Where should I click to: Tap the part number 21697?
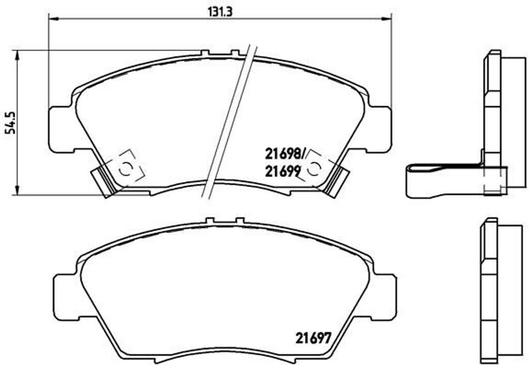tap(313, 339)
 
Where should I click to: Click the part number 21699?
tap(283, 171)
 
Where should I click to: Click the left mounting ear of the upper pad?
tap(61, 129)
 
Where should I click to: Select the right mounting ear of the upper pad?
tap(380, 129)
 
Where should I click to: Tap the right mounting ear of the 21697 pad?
tap(385, 297)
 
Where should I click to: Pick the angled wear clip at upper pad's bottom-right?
tap(337, 182)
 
